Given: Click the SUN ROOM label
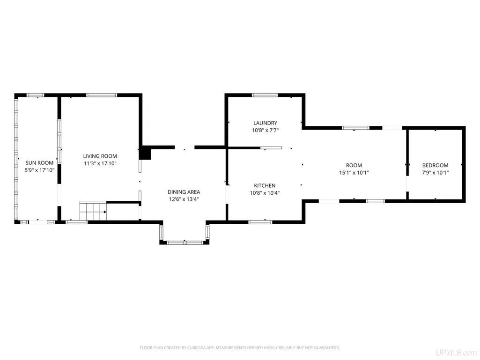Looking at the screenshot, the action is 39,163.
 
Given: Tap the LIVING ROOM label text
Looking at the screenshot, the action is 100,156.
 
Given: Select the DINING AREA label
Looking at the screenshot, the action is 184,192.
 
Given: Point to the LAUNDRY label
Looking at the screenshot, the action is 265,123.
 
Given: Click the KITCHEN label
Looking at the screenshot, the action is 265,185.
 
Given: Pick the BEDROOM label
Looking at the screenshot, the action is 436,165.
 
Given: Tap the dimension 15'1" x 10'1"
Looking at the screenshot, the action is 354,173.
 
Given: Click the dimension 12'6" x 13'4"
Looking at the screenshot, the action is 184,199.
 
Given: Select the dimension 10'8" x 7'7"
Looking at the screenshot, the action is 265,131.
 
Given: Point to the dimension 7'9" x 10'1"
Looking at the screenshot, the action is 436,173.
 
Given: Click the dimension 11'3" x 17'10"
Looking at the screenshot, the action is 100,163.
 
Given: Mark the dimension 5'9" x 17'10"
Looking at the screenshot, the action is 39,170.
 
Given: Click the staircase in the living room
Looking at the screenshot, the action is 93,211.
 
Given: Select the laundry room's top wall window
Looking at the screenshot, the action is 265,95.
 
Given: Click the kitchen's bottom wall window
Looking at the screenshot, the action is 260,222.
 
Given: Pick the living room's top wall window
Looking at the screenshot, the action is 102,95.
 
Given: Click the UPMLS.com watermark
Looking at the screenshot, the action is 457,353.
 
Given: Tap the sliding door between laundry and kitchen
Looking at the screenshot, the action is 271,148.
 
